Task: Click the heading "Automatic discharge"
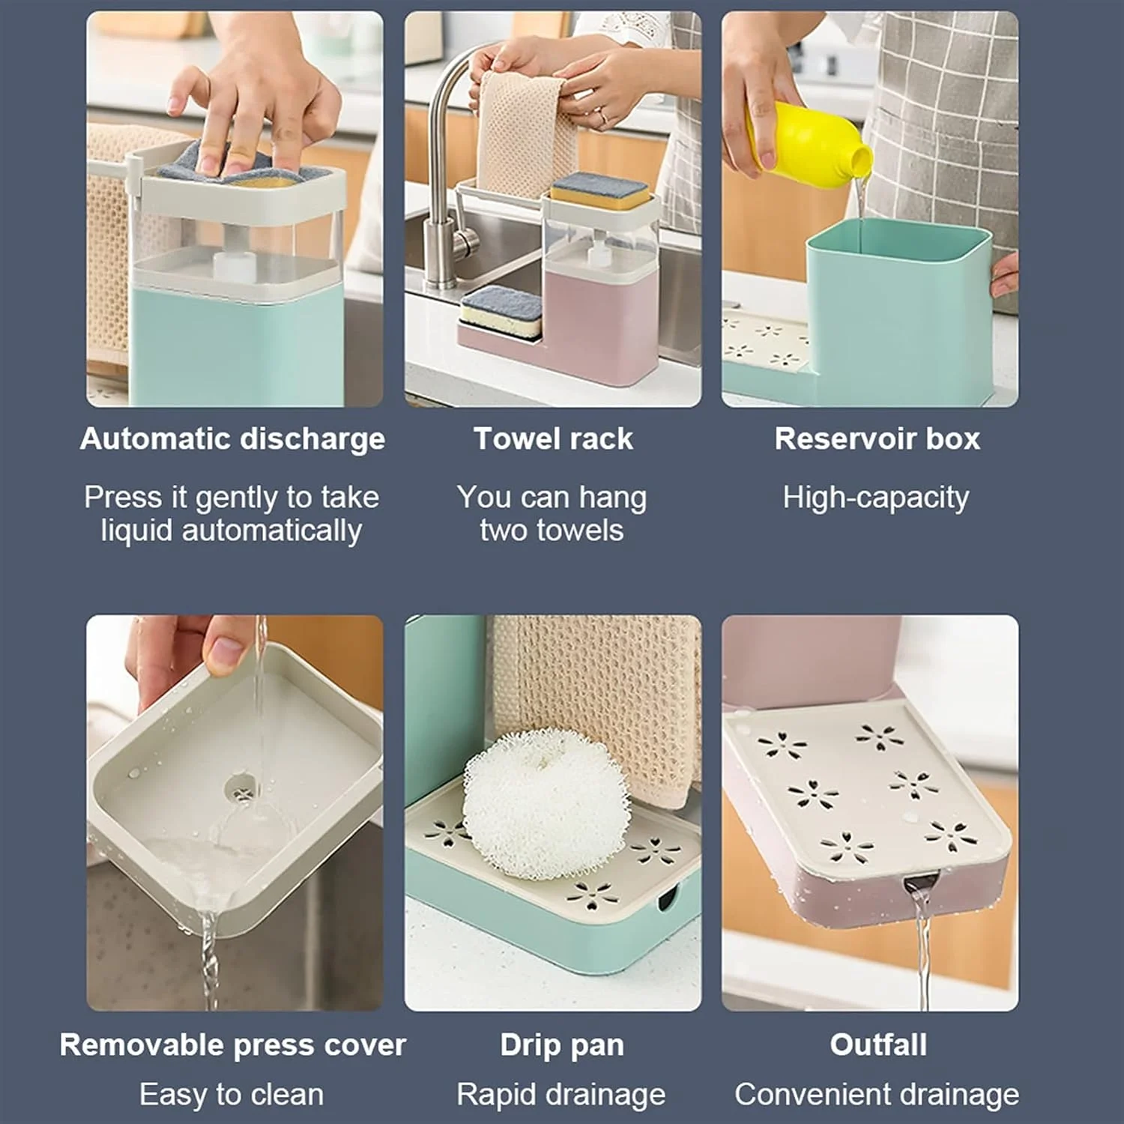click(232, 439)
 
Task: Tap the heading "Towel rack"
click(553, 439)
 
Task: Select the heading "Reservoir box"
click(877, 439)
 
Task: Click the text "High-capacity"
click(876, 498)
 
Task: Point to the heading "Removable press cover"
click(232, 1045)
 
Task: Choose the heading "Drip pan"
click(562, 1045)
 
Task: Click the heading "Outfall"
click(878, 1045)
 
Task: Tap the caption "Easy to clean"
click(232, 1095)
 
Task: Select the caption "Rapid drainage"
click(561, 1095)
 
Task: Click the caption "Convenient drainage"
click(877, 1095)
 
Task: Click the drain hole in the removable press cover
click(240, 788)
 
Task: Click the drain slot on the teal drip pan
click(665, 898)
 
